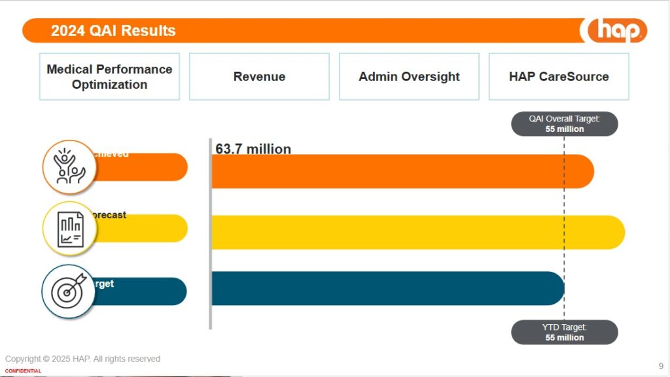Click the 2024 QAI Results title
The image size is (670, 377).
pos(113,30)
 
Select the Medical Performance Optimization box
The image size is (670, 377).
pos(109,76)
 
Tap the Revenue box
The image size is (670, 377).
pos(259,76)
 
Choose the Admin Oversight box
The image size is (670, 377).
pos(409,76)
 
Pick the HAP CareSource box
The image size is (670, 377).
pos(559,76)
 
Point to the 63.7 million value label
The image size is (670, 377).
pos(253,149)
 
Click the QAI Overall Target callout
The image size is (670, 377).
pos(564,123)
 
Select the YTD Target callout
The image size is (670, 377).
pos(564,332)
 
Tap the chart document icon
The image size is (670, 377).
pos(69,229)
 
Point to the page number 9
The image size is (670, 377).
pos(660,365)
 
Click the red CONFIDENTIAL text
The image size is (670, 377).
pos(23,371)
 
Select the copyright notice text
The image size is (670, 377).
pos(82,359)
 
